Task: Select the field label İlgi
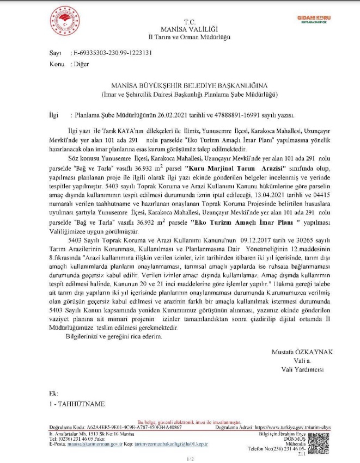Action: [x=53, y=115]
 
